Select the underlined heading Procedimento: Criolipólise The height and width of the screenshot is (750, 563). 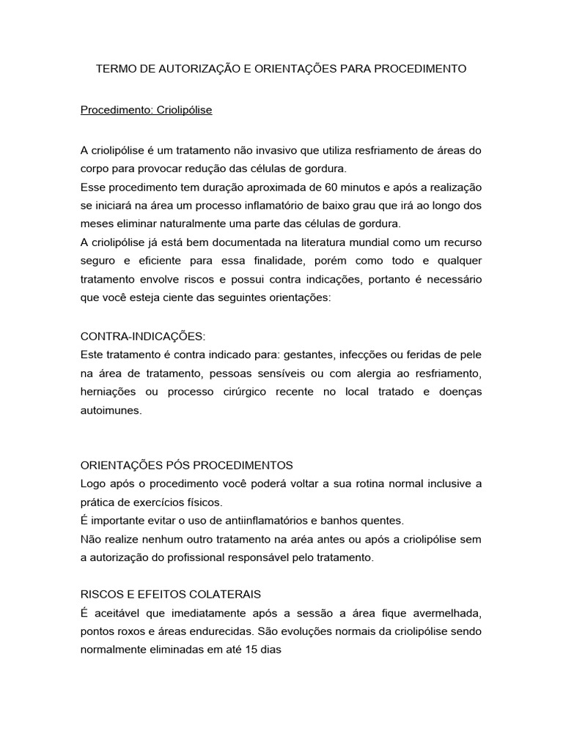pos(146,110)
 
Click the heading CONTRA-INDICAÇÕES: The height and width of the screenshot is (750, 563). pos(143,336)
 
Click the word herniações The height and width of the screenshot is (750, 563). pos(108,392)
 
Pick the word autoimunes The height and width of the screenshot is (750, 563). pos(110,410)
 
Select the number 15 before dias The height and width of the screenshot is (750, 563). pos(243,649)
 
